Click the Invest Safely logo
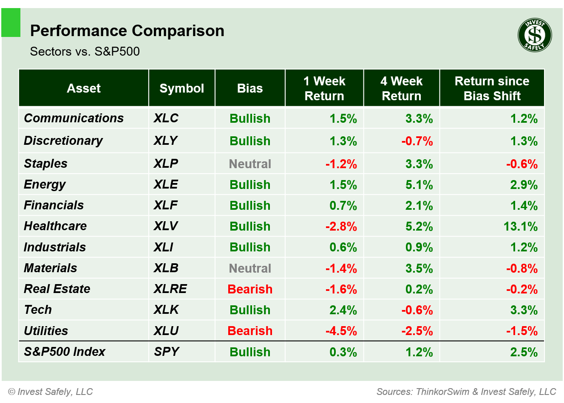coord(535,35)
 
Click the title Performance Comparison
coord(127,31)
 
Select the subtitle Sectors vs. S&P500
coord(85,51)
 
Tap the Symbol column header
coord(181,88)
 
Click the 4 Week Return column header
coord(401,88)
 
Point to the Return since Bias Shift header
coord(492,88)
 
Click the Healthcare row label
coord(55,226)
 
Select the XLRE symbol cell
coord(170,289)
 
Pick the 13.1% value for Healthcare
coord(520,226)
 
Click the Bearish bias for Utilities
coord(250,331)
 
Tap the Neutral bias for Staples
coord(250,164)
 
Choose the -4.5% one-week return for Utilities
coord(341,331)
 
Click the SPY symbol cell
coord(166,352)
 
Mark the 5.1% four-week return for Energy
coord(419,185)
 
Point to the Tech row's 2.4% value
coord(343,310)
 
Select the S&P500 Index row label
coord(65,352)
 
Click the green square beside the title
coord(11,23)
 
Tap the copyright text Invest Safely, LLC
coord(51,392)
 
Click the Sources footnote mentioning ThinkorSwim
coord(466,392)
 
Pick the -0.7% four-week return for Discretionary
coord(417,141)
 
